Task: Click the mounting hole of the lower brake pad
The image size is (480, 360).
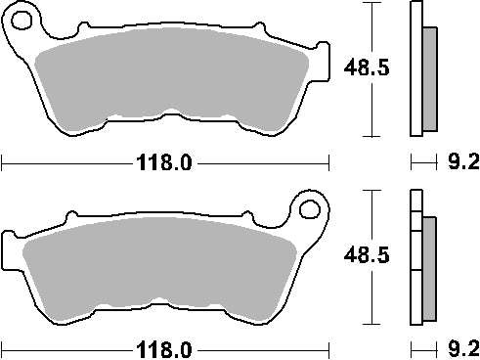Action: tap(311, 207)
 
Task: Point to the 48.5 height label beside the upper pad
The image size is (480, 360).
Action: tap(360, 68)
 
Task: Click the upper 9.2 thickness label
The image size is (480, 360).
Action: tap(461, 162)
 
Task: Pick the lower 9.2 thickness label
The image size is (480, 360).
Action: tap(461, 348)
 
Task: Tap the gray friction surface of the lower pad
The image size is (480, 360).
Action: tap(161, 274)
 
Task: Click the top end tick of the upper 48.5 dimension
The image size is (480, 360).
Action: tap(370, 3)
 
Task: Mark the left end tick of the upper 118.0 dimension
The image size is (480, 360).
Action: tap(2, 162)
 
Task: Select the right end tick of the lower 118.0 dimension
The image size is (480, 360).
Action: tap(329, 348)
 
